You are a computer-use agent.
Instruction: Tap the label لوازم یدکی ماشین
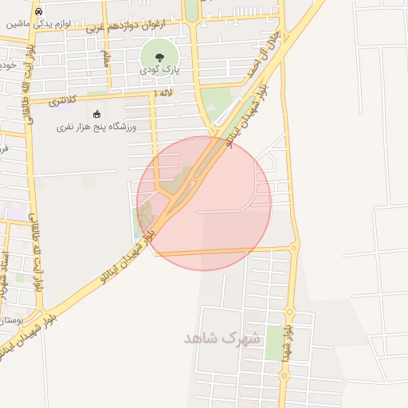(39, 25)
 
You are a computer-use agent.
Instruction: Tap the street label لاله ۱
(166, 94)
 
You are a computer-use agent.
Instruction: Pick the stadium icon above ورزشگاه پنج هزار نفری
(97, 114)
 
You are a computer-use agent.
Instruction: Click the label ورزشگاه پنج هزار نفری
(96, 127)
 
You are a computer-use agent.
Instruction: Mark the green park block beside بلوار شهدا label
(274, 343)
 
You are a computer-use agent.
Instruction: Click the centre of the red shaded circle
(204, 203)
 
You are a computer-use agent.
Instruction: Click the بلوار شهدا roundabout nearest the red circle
(294, 248)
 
